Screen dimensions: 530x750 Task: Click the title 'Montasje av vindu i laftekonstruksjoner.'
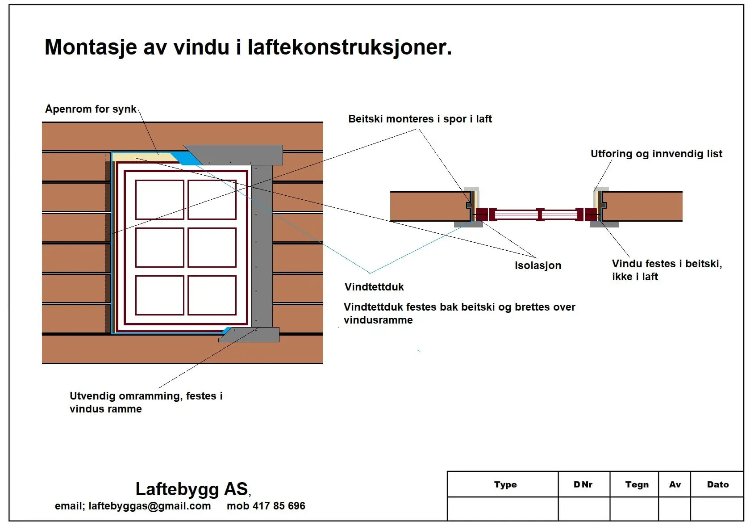[248, 47]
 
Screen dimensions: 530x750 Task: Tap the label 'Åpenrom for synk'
[91, 109]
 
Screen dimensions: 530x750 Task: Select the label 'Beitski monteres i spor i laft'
[420, 119]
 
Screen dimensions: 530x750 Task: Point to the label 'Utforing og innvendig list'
[656, 154]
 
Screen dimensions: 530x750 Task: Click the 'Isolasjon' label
[537, 265]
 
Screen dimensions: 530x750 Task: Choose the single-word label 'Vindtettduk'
[374, 287]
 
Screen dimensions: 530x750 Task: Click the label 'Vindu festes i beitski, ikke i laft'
[667, 270]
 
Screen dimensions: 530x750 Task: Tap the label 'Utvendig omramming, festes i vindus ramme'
[146, 402]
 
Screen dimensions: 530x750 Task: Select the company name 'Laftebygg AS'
[192, 489]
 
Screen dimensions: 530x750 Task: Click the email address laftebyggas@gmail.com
[150, 506]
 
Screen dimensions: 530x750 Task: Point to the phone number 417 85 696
[279, 506]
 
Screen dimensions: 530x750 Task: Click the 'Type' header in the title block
[505, 484]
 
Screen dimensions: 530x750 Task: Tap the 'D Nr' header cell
[583, 484]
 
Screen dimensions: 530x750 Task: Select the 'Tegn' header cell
[637, 484]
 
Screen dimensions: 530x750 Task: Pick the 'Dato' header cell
[717, 484]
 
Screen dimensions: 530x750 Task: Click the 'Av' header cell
[675, 484]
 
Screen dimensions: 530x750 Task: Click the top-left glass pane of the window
[159, 199]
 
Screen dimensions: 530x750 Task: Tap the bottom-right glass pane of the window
[212, 295]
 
